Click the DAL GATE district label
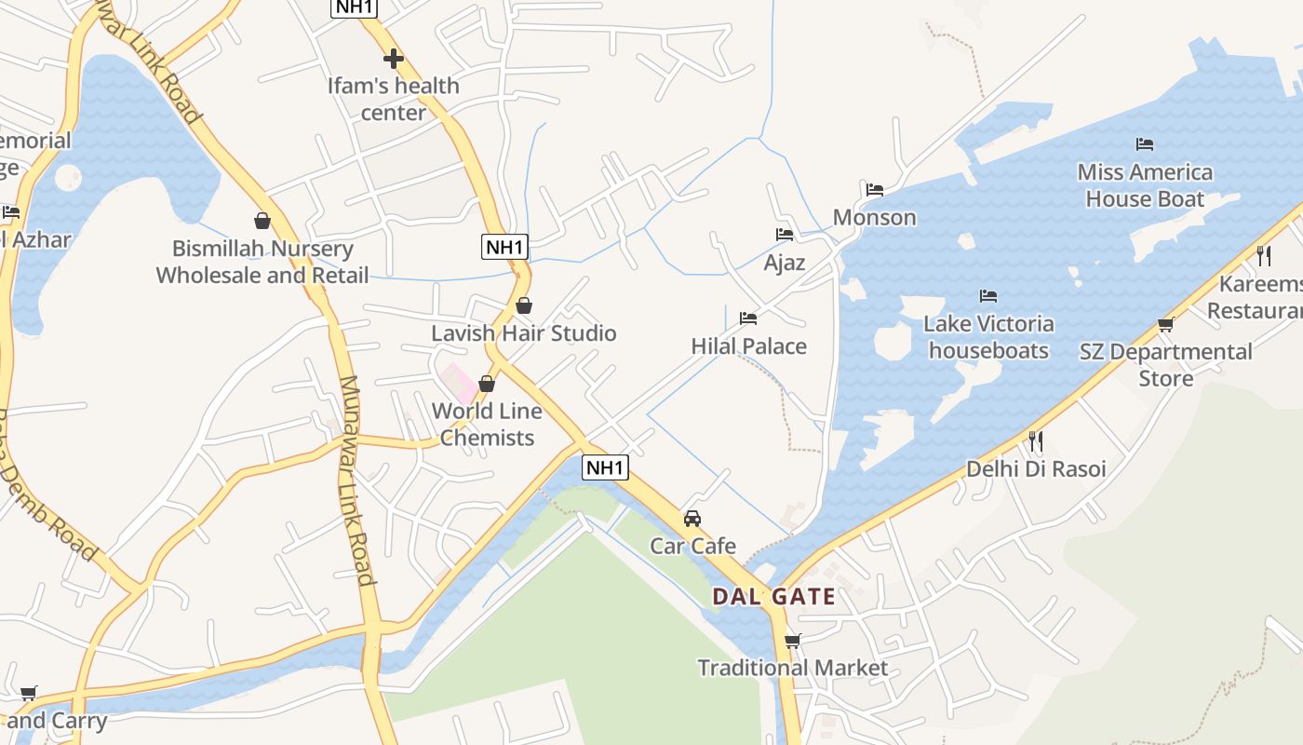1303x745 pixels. (x=773, y=596)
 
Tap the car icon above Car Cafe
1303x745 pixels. (x=692, y=519)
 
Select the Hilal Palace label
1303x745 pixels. (x=748, y=346)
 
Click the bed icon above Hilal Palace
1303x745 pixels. (x=748, y=318)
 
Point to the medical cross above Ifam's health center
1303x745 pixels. (x=394, y=59)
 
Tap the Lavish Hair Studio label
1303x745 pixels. (x=523, y=333)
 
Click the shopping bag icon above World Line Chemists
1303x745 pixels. (x=486, y=384)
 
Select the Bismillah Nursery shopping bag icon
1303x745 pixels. (x=262, y=221)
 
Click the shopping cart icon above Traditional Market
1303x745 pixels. (x=792, y=642)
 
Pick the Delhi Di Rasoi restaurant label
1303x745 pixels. (x=1036, y=468)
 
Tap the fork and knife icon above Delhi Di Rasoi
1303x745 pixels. (x=1034, y=440)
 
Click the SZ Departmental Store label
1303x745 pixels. (x=1165, y=365)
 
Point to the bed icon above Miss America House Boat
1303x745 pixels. (x=1145, y=144)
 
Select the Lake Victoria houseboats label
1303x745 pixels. (x=988, y=337)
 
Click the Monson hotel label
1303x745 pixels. (x=874, y=218)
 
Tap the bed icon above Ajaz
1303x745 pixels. (x=785, y=235)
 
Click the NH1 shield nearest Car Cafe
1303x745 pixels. (x=605, y=467)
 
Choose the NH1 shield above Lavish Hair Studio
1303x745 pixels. (x=505, y=247)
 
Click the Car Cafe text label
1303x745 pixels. (x=692, y=546)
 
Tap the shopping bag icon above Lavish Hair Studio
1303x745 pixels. (x=524, y=305)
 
